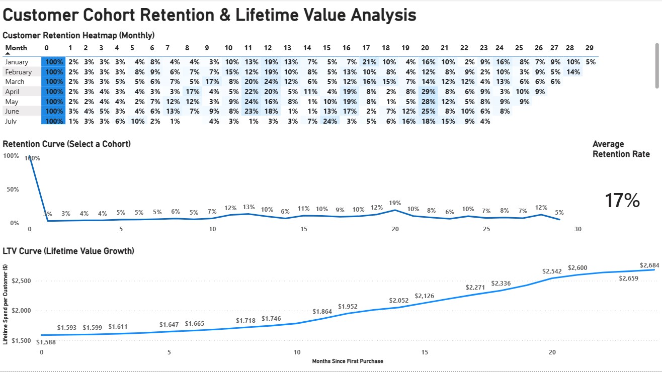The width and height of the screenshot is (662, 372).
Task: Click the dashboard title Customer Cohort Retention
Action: [209, 15]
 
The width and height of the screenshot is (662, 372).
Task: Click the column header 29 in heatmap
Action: [590, 48]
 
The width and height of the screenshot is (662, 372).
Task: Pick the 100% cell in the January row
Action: [53, 62]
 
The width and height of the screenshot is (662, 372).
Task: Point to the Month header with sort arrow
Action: [16, 48]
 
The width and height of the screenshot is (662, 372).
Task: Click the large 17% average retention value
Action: [622, 200]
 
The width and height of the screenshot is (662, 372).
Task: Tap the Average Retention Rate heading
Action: [621, 149]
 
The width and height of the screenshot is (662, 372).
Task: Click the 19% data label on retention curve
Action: [395, 203]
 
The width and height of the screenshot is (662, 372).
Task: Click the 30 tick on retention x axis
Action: [578, 229]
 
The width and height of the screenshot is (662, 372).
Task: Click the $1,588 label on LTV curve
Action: [46, 342]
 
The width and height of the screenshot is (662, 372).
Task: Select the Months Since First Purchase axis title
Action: [348, 361]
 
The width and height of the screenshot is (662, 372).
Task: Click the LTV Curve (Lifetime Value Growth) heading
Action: [68, 251]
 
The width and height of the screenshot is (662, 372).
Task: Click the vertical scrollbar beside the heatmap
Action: [656, 65]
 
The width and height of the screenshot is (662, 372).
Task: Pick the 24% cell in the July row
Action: [329, 121]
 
